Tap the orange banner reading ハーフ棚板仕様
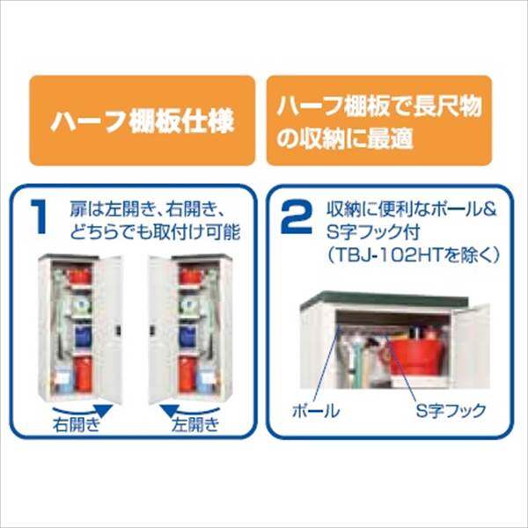(x=142, y=121)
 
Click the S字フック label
(x=444, y=411)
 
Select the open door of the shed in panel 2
(x=467, y=343)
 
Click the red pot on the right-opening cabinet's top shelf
(x=80, y=276)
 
